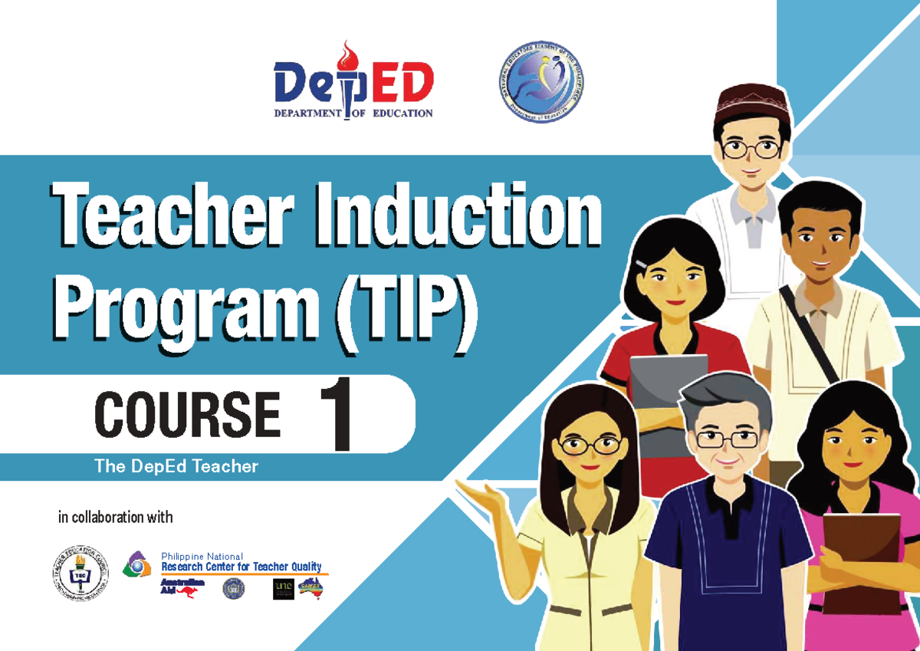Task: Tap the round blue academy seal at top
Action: (x=539, y=83)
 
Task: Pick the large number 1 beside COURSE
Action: (x=335, y=417)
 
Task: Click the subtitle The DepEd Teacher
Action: (x=176, y=466)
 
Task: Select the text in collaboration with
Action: (x=116, y=517)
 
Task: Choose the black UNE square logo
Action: (x=283, y=589)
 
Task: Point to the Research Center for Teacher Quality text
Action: (x=241, y=567)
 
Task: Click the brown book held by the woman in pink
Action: (x=863, y=553)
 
